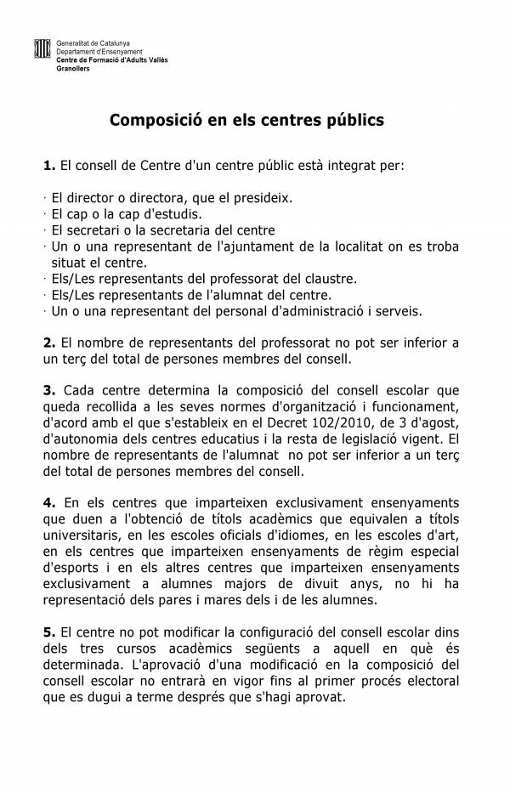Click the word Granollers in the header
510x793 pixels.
coord(73,67)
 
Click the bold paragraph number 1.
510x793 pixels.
coord(48,163)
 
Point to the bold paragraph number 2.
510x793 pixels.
coord(48,343)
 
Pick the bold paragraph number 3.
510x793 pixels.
coord(48,391)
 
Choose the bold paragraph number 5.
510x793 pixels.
coord(48,633)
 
